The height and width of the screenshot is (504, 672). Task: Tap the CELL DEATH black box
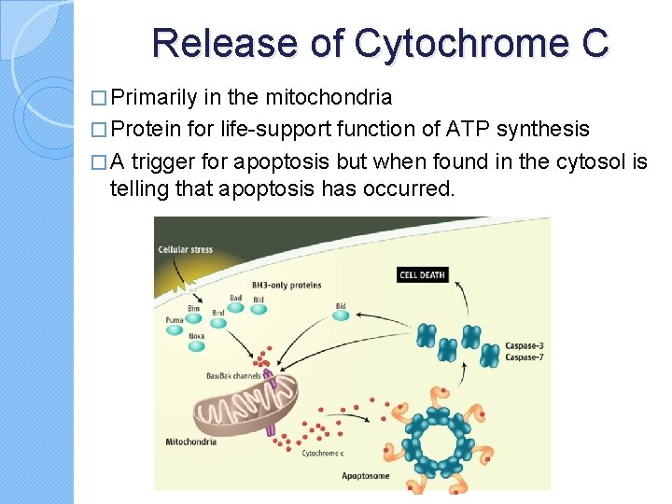tap(423, 274)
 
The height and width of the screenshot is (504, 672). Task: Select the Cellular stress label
tap(185, 249)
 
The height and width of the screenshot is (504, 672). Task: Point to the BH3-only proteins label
tap(287, 285)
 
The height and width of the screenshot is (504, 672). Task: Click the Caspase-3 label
tap(524, 346)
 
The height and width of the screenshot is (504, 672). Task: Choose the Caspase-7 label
tap(524, 357)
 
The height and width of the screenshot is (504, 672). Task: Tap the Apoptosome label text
tap(365, 475)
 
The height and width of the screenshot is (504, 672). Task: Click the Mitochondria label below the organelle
tap(191, 441)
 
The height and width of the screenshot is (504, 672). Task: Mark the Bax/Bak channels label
tap(234, 376)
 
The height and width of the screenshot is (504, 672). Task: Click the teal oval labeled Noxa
tap(196, 346)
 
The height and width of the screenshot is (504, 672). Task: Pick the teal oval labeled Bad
tap(235, 310)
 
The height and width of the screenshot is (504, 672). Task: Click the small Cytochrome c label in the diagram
tap(322, 453)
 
